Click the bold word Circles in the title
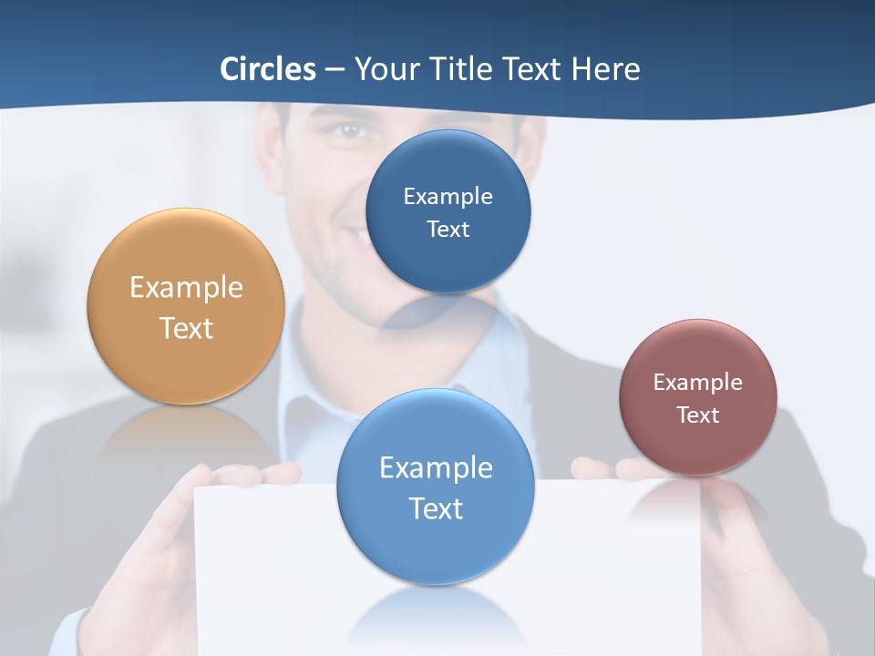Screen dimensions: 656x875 point(268,69)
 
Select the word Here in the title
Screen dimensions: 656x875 point(605,69)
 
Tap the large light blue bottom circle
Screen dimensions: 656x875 point(436,547)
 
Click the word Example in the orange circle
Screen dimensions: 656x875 point(186,288)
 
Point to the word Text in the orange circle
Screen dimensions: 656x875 point(186,328)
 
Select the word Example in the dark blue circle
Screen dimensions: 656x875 point(448,197)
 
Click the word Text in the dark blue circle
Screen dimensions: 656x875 point(448,230)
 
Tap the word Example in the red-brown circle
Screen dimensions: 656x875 point(698,383)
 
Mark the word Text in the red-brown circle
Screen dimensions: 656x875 point(698,415)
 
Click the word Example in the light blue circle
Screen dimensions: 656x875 point(436,468)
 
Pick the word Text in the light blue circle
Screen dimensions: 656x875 point(436,508)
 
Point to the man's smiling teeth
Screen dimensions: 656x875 point(365,239)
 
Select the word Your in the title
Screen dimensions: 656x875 point(385,69)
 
